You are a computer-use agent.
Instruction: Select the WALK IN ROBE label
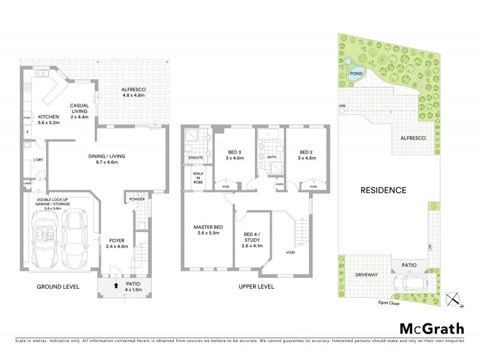[x=197, y=178]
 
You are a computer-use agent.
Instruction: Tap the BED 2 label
[x=306, y=155]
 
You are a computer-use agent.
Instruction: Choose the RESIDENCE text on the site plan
[x=383, y=190]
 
